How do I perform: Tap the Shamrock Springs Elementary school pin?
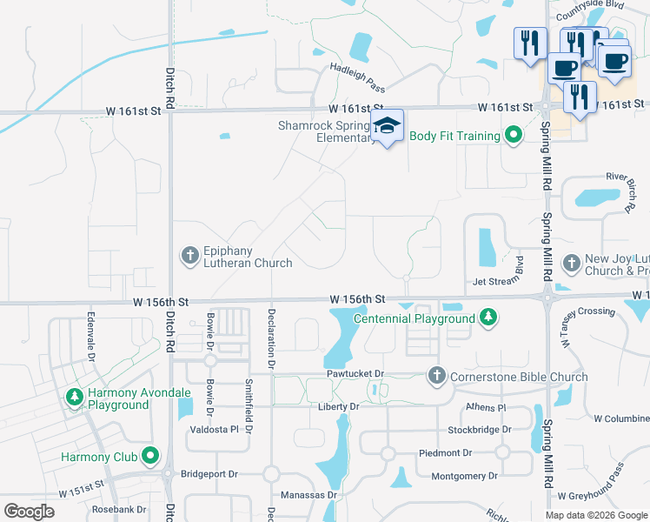[x=388, y=126]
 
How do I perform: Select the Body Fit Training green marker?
[x=513, y=136]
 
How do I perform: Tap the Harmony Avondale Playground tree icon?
[x=75, y=398]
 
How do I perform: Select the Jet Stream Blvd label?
[x=498, y=281]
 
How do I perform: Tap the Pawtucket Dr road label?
[x=355, y=374]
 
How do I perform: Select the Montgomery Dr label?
[x=465, y=476]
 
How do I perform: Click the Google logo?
[x=30, y=511]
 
